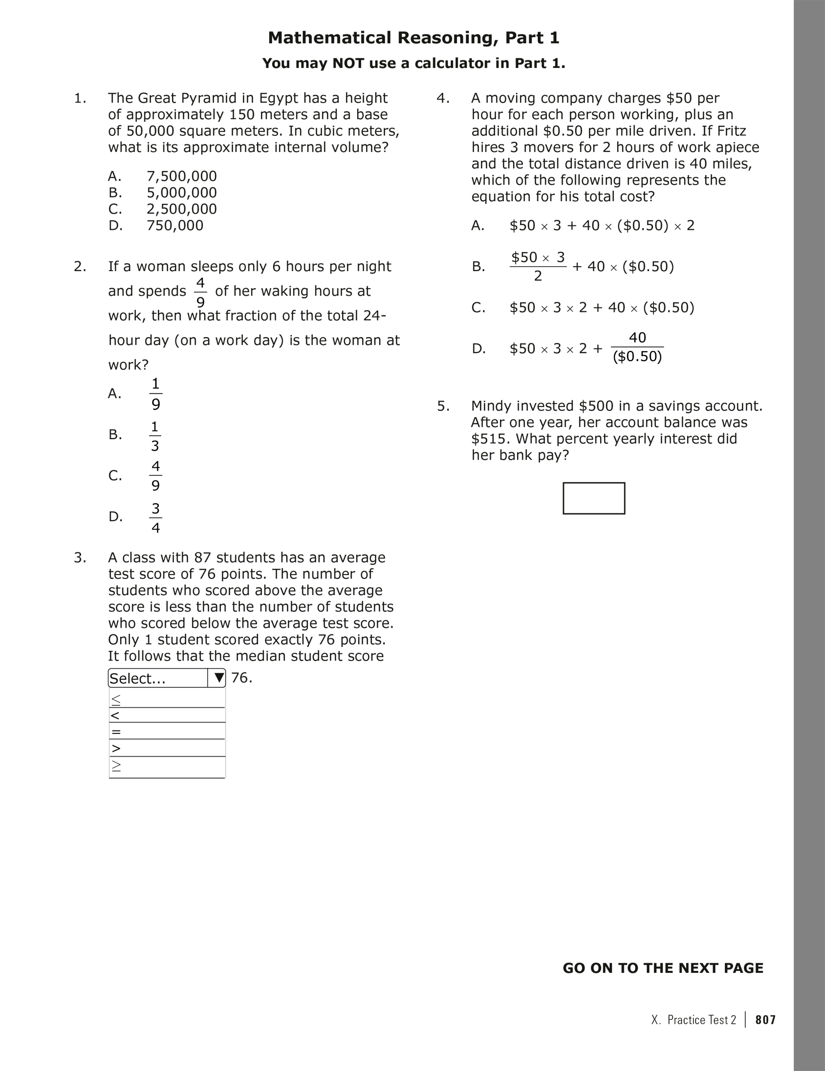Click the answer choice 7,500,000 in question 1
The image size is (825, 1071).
point(182,176)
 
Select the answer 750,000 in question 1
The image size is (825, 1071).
point(175,225)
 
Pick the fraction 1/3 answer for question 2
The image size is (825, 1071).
point(155,436)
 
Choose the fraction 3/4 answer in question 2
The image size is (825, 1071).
point(155,518)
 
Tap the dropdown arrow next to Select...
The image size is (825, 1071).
point(217,678)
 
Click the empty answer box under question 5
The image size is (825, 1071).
point(594,499)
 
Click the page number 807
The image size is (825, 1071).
point(766,1020)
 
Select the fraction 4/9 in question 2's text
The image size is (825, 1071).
point(200,292)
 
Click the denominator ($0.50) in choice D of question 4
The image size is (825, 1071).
point(637,357)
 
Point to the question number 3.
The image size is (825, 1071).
point(79,558)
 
